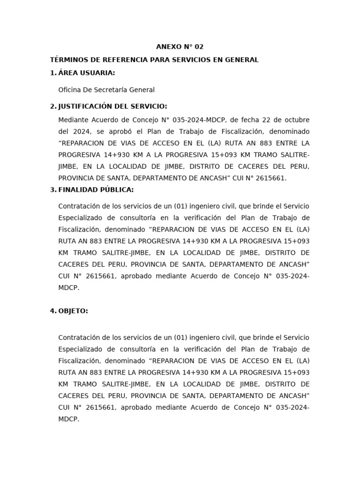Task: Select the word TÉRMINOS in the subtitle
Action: click(68, 60)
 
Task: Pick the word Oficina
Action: click(69, 90)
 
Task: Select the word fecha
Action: click(251, 120)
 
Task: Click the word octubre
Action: click(297, 120)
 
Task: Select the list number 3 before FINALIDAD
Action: click(52, 189)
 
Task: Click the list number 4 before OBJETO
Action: click(52, 311)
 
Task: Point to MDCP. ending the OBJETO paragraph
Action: click(68, 420)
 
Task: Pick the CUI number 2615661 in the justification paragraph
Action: click(270, 178)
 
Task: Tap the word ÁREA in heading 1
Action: click(67, 73)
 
